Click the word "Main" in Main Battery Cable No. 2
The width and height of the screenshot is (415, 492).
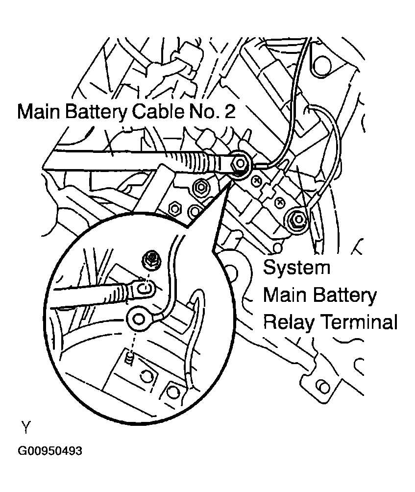click(x=40, y=112)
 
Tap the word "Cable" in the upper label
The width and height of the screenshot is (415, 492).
click(x=155, y=112)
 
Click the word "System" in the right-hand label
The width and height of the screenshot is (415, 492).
click(x=297, y=268)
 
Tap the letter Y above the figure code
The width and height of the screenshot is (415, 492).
click(x=26, y=427)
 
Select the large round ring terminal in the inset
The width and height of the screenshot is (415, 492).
click(x=140, y=320)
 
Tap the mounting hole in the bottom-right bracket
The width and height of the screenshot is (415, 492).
click(x=322, y=386)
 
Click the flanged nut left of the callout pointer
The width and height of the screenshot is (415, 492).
click(x=199, y=186)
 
